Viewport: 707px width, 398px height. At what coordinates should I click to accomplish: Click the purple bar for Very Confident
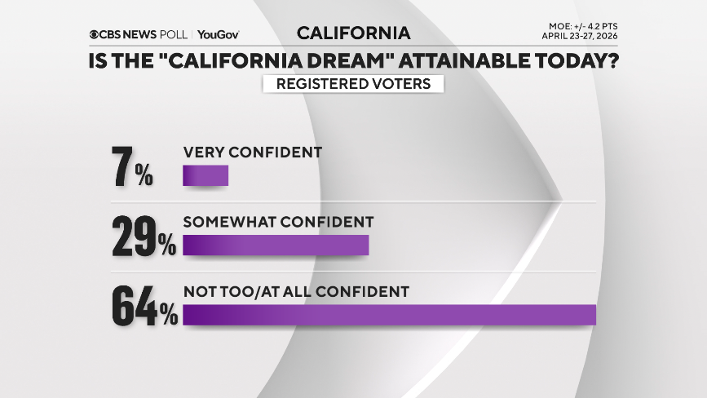[205, 176]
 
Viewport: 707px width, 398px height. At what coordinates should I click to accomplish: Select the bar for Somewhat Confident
[276, 245]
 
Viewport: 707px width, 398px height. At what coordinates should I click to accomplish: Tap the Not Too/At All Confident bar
[390, 315]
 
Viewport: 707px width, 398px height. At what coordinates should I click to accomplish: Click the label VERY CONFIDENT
[253, 153]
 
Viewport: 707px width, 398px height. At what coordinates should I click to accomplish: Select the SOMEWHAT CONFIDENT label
[278, 221]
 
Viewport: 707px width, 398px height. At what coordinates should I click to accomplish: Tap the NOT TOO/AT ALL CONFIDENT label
[295, 290]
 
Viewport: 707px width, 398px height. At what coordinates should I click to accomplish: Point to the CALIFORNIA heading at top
[353, 33]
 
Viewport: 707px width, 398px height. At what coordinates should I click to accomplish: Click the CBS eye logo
[95, 34]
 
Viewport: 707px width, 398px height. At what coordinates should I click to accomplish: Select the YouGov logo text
[218, 34]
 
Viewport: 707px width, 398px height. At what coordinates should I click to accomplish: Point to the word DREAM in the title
[329, 60]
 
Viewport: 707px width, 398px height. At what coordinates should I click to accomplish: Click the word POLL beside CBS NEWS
[174, 34]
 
